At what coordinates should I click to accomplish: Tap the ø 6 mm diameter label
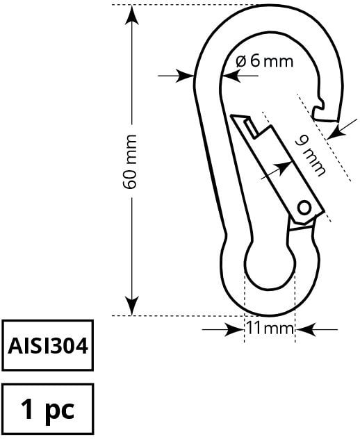point(264,61)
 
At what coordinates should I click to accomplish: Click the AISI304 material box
point(48,345)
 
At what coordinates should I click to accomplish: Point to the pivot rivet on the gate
point(304,206)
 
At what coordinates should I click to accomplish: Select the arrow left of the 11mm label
point(233,329)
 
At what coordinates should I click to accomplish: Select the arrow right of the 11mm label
point(306,329)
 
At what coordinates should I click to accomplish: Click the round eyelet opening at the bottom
point(270,267)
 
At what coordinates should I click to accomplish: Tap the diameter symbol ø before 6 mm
point(240,61)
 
